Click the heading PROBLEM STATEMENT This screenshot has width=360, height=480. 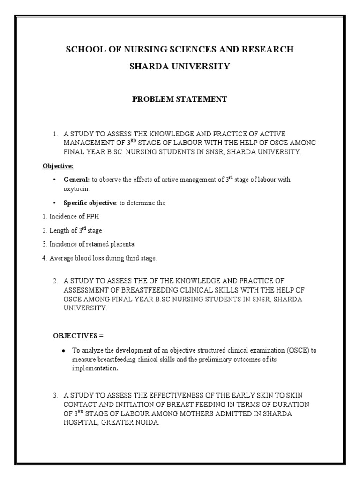click(180, 99)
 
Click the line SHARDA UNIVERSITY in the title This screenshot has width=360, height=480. click(180, 67)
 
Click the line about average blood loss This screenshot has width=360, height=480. click(101, 258)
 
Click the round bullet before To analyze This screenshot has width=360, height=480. click(63, 351)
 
